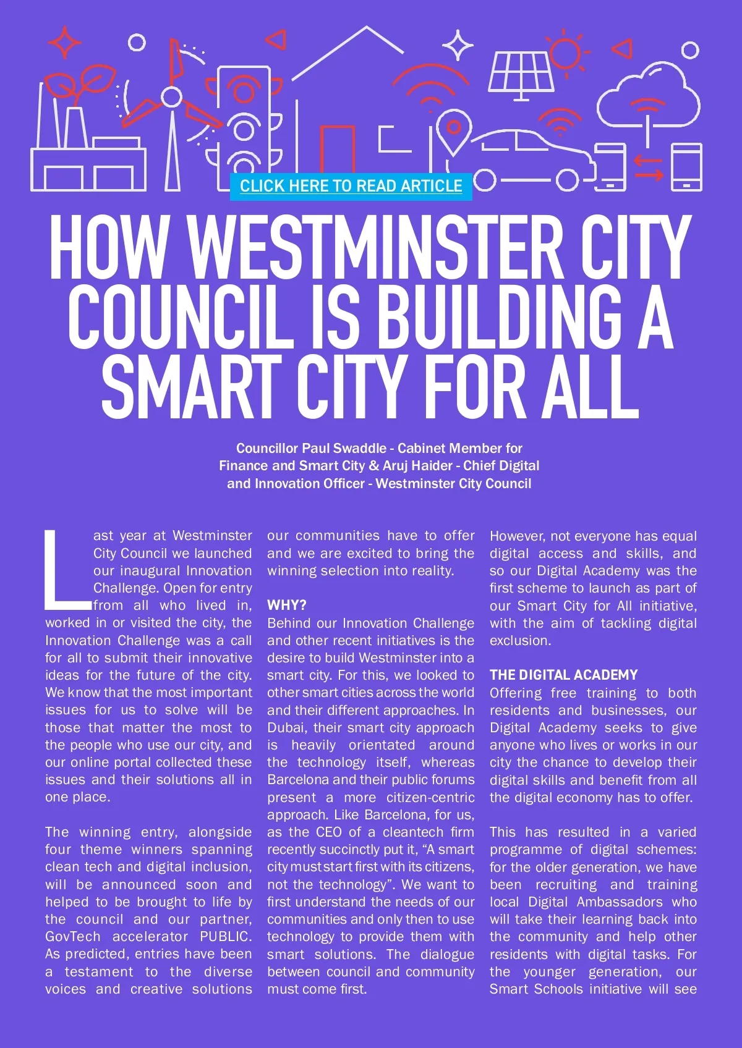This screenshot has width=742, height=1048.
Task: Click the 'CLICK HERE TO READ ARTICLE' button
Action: click(351, 186)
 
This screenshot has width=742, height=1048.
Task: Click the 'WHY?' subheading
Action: click(286, 605)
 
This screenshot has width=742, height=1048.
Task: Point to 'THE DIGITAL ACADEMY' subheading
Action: click(563, 675)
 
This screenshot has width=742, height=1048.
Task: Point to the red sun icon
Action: click(565, 53)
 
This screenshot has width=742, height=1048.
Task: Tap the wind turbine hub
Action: click(171, 96)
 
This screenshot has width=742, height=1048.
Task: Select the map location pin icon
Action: click(454, 130)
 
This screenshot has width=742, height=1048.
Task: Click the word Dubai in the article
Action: click(286, 727)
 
